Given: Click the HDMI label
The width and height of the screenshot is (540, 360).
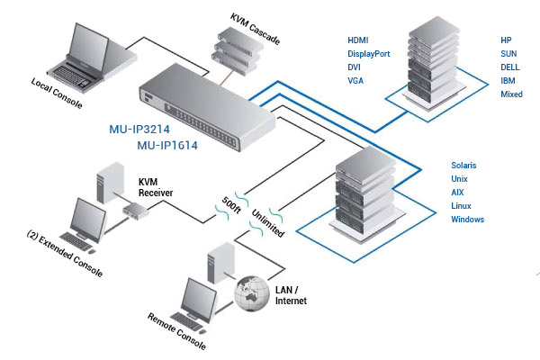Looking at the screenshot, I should point(358,40).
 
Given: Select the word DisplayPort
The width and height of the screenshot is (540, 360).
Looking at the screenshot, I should point(369,54).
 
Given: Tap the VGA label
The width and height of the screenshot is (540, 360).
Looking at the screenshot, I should point(355,81).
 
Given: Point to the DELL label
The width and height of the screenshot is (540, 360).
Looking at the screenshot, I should point(510,67).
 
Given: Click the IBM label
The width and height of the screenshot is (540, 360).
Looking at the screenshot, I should point(508,81).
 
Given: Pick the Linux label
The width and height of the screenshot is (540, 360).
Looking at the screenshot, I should point(462,206).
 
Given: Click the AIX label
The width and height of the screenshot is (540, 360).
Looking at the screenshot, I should point(457,193).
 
